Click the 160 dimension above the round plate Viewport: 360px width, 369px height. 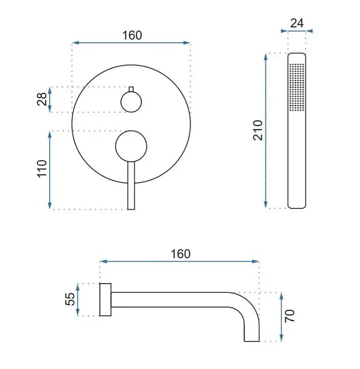tap(132, 36)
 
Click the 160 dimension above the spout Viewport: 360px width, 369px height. tap(181, 254)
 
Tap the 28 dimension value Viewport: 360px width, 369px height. tap(42, 99)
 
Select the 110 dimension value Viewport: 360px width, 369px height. tap(42, 168)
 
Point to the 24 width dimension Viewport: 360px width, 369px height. tap(297, 23)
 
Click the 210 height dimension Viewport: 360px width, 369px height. tap(258, 130)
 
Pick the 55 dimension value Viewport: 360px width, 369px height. tap(70, 299)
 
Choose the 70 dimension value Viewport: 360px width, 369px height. tap(289, 316)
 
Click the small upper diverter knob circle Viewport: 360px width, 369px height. tap(131, 102)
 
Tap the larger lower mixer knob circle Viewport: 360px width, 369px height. tap(131, 146)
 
